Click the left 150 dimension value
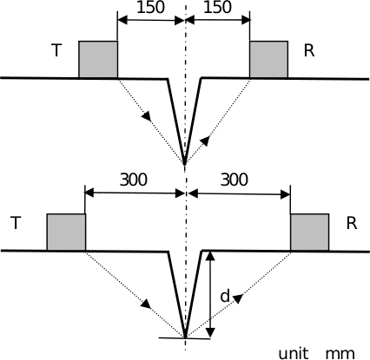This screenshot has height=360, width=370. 150,7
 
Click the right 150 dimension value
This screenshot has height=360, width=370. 217,7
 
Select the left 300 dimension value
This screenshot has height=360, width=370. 134,180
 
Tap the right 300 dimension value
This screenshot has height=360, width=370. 235,180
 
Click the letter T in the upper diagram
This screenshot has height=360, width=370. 56,50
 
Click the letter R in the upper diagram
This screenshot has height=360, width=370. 309,50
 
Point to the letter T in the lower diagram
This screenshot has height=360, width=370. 16,223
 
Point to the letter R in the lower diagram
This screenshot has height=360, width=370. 352,223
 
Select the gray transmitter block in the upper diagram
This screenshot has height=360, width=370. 98,59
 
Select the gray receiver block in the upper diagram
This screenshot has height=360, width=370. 268,59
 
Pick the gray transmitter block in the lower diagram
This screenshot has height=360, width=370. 66,232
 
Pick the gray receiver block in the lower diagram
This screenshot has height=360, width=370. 310,232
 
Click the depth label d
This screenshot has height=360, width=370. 225,296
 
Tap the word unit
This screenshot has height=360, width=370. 294,353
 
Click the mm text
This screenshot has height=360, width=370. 340,354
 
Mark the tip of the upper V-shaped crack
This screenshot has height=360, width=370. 185,164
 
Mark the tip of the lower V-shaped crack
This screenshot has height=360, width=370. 185,337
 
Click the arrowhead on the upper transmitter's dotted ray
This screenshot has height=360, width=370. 147,115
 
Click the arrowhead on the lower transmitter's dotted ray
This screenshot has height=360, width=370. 147,304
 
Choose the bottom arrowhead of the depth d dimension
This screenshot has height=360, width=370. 211,332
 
